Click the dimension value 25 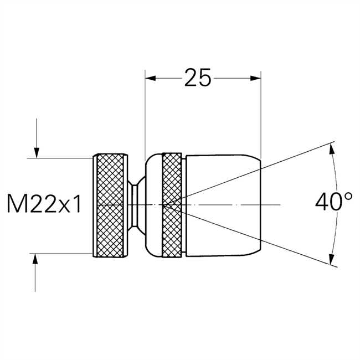(x=198, y=78)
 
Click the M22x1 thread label (x=44, y=203)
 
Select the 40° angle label (x=333, y=202)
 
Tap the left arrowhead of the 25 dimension (x=151, y=78)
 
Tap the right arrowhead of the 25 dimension (x=255, y=78)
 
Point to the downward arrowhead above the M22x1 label (x=37, y=153)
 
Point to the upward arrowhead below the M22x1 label (x=35, y=259)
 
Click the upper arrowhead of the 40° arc (x=332, y=149)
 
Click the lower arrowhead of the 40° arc (x=331, y=260)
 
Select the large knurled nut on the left (x=110, y=205)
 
